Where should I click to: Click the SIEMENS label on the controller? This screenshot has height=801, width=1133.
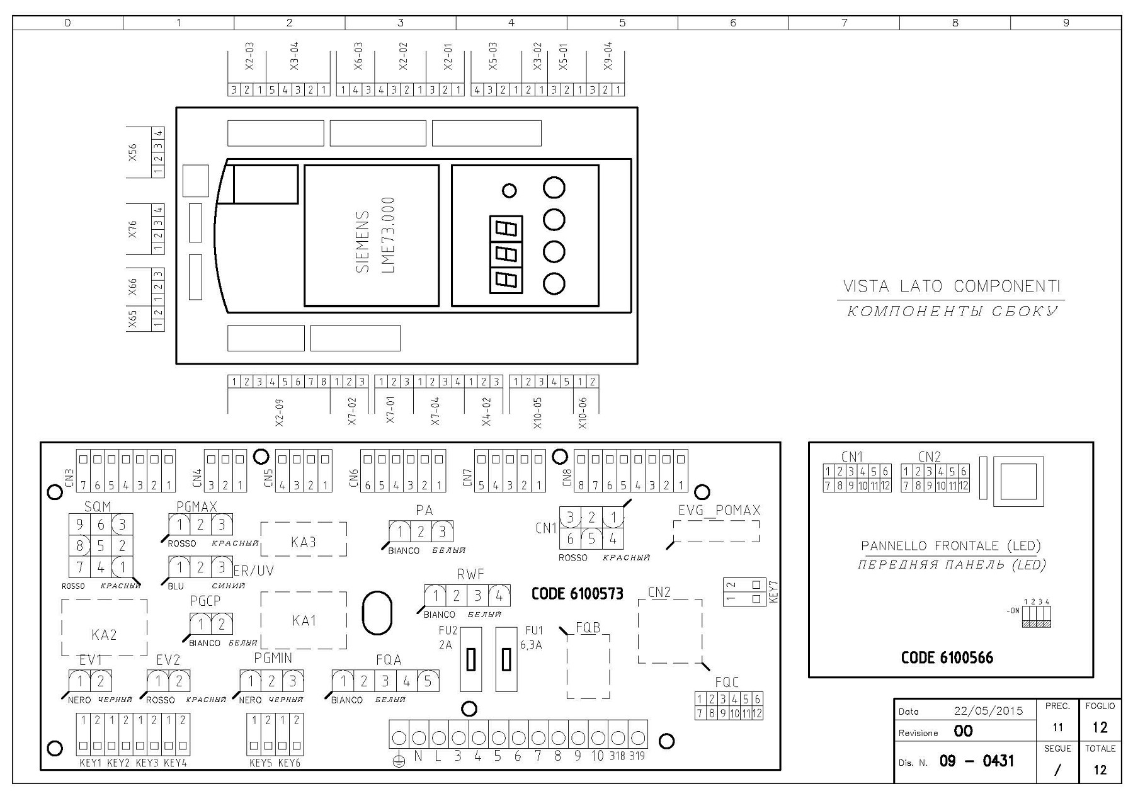[363, 242]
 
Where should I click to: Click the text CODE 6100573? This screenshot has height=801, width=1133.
[578, 594]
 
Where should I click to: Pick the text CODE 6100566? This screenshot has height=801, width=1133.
[947, 658]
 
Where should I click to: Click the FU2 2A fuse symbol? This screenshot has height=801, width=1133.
[471, 659]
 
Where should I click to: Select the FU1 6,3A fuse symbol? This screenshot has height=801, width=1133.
[506, 659]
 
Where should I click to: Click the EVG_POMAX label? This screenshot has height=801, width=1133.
[719, 511]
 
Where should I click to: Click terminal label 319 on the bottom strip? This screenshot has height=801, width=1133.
[637, 756]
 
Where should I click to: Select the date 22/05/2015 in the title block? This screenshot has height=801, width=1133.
[989, 711]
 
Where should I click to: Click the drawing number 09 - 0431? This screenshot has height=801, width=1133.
[977, 761]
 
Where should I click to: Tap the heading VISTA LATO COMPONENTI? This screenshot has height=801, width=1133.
[952, 287]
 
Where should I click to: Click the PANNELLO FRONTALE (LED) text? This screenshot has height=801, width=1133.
[951, 546]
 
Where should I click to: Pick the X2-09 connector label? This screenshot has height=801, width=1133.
[280, 413]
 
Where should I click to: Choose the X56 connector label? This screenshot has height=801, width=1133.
[132, 152]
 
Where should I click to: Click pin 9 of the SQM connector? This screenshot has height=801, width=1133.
[79, 525]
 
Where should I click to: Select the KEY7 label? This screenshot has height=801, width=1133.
[774, 592]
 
